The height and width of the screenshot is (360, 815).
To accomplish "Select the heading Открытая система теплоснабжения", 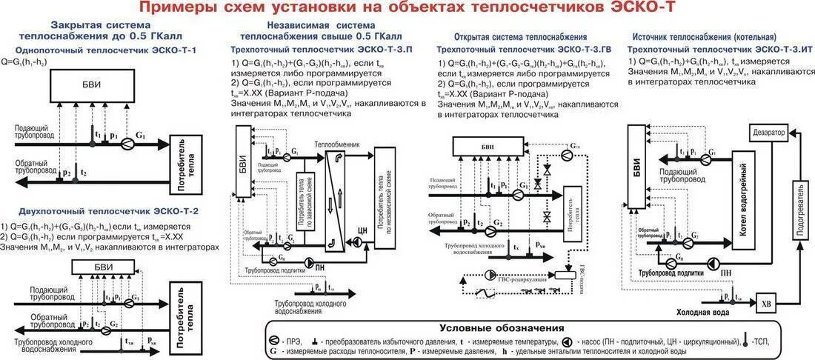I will (522, 36).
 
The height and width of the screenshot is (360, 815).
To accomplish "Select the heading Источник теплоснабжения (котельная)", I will (704, 36).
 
